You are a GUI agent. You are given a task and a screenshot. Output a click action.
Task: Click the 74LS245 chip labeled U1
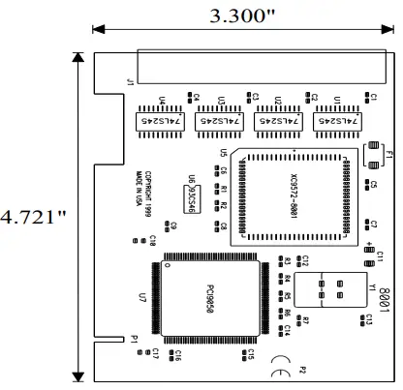coord(333,123)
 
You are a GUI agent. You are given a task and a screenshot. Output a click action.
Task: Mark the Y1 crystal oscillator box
coord(328,288)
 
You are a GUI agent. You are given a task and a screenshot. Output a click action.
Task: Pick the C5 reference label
coord(373,185)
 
